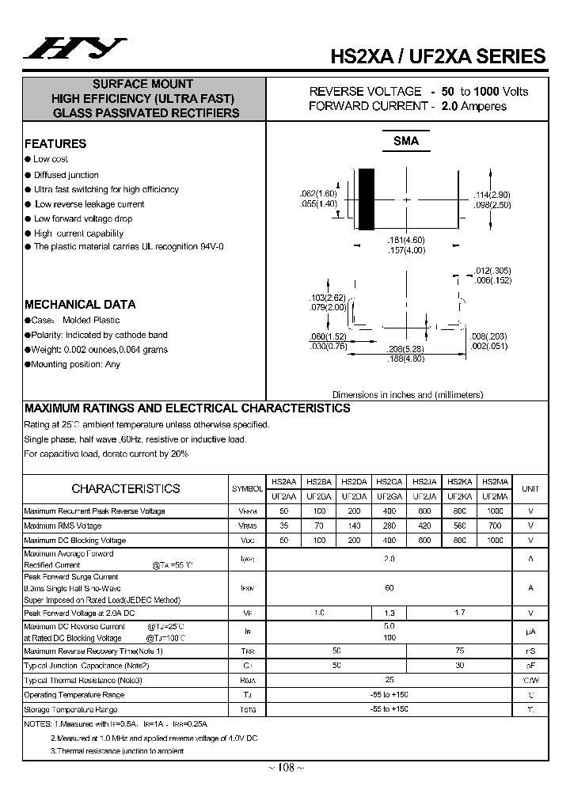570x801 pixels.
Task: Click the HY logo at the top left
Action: point(74,49)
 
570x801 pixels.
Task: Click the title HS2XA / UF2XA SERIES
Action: point(437,56)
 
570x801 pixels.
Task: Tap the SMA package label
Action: point(406,141)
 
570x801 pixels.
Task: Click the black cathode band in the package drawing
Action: point(366,199)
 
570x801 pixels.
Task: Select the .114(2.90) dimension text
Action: point(492,195)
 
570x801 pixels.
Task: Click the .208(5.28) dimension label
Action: point(407,348)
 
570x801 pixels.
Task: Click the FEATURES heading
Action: point(55,144)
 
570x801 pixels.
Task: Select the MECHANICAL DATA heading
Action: point(80,304)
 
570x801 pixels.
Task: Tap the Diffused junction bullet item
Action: point(66,175)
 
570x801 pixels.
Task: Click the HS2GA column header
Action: point(389,481)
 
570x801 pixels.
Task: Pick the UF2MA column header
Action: point(495,496)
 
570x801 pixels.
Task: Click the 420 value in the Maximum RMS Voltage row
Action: point(424,526)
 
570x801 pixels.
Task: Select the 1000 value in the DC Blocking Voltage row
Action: point(495,540)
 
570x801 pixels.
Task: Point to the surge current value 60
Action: point(389,588)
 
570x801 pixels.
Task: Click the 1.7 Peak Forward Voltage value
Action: point(459,613)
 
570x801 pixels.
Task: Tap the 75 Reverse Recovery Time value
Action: point(459,651)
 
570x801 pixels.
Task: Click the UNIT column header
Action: point(530,489)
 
